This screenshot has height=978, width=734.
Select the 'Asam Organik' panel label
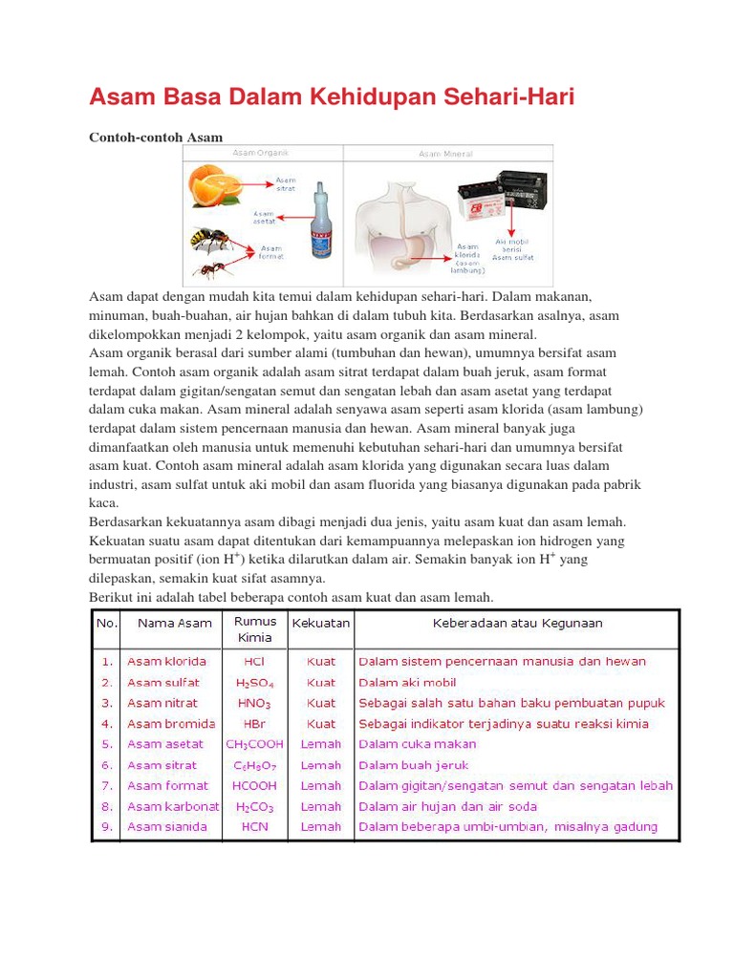tap(260, 152)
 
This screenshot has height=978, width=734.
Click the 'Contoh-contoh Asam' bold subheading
tap(155, 138)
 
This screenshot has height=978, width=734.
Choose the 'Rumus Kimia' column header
tap(255, 629)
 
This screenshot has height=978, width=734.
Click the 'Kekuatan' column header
tap(321, 623)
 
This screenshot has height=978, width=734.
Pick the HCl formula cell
tap(255, 661)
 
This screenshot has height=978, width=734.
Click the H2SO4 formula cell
tap(255, 683)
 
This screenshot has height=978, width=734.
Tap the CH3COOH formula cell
tap(255, 744)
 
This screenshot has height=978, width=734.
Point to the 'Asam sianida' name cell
tap(167, 826)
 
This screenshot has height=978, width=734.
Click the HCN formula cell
tap(255, 826)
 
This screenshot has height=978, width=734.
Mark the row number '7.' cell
tap(106, 785)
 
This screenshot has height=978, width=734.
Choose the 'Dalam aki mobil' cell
tap(407, 683)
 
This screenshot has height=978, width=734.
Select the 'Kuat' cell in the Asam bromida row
tap(321, 724)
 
